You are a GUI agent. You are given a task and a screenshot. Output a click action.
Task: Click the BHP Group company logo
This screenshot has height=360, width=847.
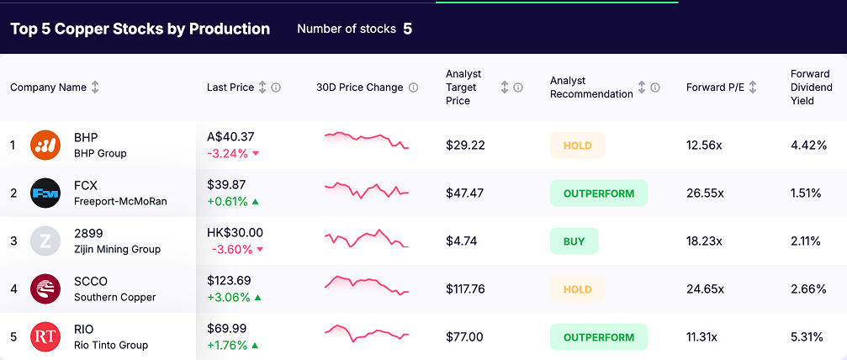point(45,145)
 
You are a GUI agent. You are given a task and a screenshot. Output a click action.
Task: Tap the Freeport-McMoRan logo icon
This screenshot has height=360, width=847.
point(45,193)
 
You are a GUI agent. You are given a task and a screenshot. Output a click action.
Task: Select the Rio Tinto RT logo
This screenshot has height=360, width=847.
point(45,337)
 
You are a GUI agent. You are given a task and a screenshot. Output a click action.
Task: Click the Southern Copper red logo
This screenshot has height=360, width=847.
point(45,289)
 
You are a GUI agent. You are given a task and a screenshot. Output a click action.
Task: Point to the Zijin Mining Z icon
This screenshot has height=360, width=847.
point(45,241)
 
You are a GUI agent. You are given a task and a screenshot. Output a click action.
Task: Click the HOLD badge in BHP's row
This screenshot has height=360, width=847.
point(577,146)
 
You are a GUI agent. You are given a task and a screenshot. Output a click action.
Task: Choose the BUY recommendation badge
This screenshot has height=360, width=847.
point(574,241)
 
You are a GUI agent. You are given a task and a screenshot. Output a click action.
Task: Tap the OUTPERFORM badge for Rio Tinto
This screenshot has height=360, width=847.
point(598,337)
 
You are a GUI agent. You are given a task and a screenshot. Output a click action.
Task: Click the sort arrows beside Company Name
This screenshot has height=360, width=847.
point(95,87)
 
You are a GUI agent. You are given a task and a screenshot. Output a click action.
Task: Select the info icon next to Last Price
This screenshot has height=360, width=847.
point(276,87)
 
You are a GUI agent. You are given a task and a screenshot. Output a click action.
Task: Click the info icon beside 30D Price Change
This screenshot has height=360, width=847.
point(413,87)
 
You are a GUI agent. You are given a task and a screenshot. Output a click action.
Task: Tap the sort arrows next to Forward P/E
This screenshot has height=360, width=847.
point(753,87)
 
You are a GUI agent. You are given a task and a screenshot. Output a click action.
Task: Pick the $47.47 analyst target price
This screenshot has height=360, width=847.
point(465,193)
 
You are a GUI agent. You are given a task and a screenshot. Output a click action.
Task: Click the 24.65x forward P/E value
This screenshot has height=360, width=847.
point(703,289)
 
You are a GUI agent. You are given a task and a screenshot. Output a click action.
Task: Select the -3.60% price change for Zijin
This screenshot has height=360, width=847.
point(229,249)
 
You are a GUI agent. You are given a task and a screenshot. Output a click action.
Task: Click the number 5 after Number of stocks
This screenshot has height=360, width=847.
point(407,29)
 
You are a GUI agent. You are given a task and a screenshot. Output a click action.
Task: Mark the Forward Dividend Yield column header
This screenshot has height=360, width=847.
point(811,87)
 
